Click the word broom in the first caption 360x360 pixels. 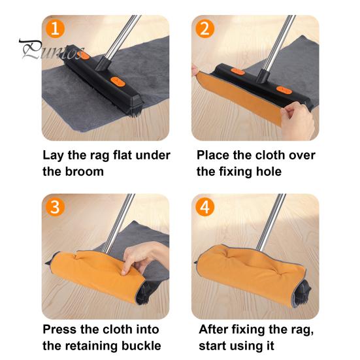pos(84,172)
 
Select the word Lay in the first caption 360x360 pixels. pos(54,155)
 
